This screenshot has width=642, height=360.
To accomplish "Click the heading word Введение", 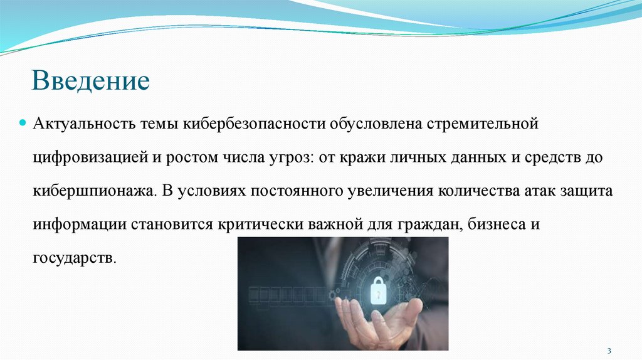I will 92,82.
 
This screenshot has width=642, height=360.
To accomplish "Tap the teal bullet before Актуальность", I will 23,122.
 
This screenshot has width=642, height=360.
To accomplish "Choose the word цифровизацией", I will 90,156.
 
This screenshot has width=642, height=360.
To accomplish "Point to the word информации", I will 79,225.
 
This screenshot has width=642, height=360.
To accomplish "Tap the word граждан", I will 426,225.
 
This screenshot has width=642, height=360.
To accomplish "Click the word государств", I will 75,258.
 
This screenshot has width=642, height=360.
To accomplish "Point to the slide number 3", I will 609,349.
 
